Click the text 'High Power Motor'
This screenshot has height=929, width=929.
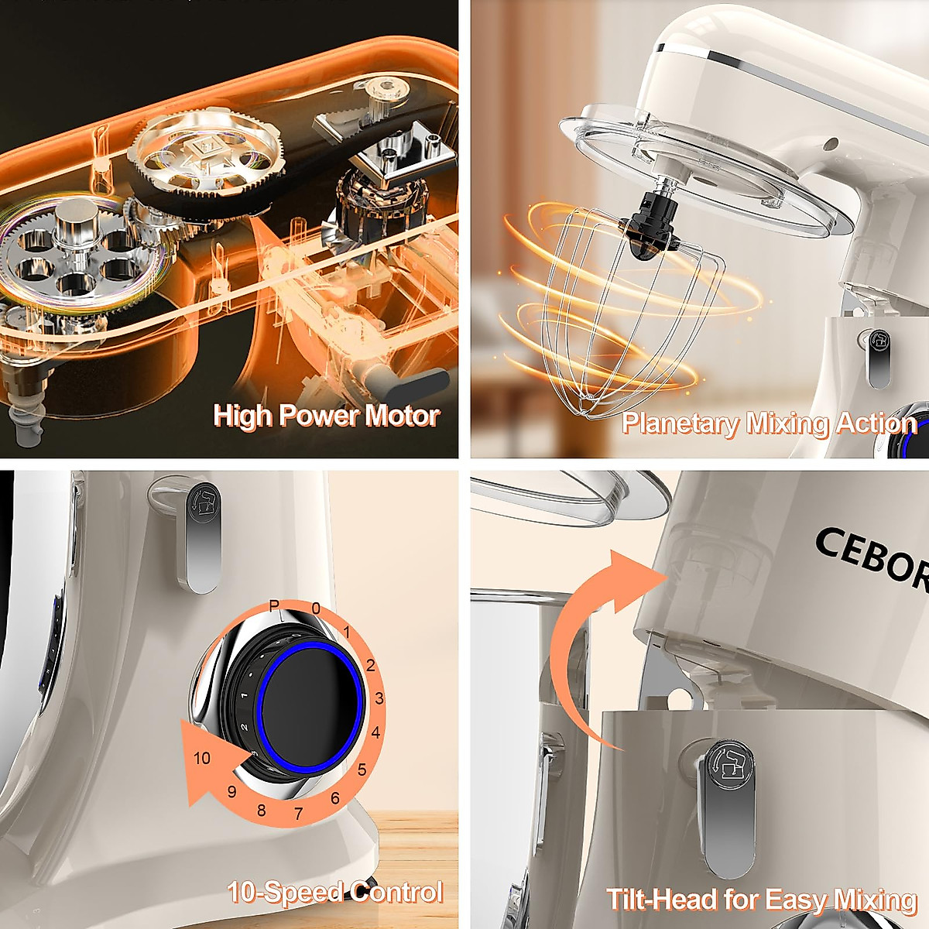coord(326,416)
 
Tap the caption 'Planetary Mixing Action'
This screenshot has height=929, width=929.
coord(769,423)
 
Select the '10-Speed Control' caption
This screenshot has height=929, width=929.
coord(335,892)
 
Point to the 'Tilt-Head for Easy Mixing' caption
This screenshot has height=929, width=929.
coord(762,900)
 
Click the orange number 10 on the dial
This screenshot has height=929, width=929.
coord(202,758)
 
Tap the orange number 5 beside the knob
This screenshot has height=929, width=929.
coord(362,770)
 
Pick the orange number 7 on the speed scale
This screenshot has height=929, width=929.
coord(299,814)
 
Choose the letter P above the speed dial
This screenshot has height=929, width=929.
coord(273,605)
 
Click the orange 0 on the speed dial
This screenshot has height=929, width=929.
coord(316,608)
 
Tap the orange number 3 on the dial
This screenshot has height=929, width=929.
coord(379,698)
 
